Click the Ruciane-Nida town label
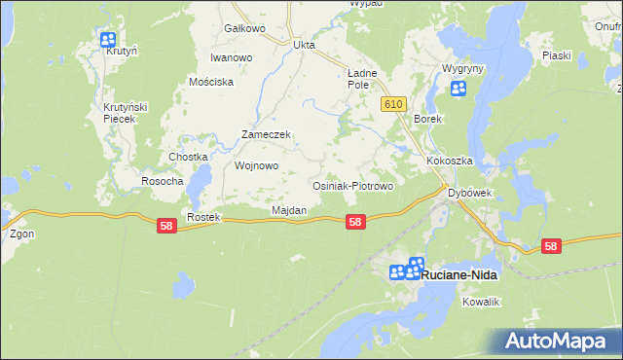(462, 275)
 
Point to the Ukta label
(304, 45)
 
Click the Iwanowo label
(232, 57)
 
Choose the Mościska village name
(211, 82)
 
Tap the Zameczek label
(267, 135)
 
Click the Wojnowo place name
(257, 165)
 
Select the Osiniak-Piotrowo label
(351, 185)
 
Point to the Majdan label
(289, 210)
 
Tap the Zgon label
(21, 234)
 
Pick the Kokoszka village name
(449, 161)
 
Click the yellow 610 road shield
(393, 104)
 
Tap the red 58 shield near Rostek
(166, 225)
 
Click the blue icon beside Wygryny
(458, 90)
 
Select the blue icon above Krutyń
(108, 40)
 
